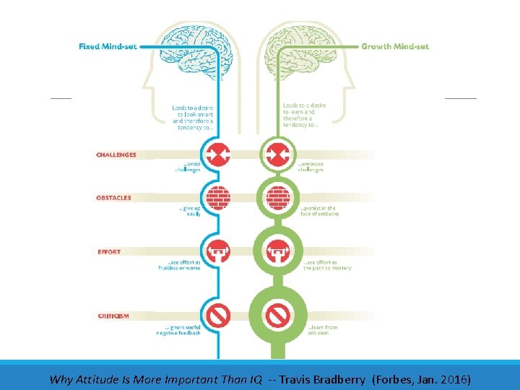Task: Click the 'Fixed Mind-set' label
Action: pyautogui.click(x=108, y=47)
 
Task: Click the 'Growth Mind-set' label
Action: pyautogui.click(x=394, y=47)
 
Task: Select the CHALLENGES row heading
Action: pyautogui.click(x=116, y=155)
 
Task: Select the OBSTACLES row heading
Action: pyautogui.click(x=113, y=198)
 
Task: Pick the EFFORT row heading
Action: pyautogui.click(x=109, y=252)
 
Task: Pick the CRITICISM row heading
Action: pyautogui.click(x=113, y=316)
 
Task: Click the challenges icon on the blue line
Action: pyautogui.click(x=218, y=154)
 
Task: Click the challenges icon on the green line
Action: pyautogui.click(x=277, y=154)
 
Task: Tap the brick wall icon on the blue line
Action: pyautogui.click(x=218, y=197)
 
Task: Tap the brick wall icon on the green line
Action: pyautogui.click(x=277, y=197)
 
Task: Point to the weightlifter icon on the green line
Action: pyautogui.click(x=277, y=252)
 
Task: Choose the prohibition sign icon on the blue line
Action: pyautogui.click(x=218, y=315)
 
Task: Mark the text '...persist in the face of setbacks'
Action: pyautogui.click(x=318, y=211)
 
